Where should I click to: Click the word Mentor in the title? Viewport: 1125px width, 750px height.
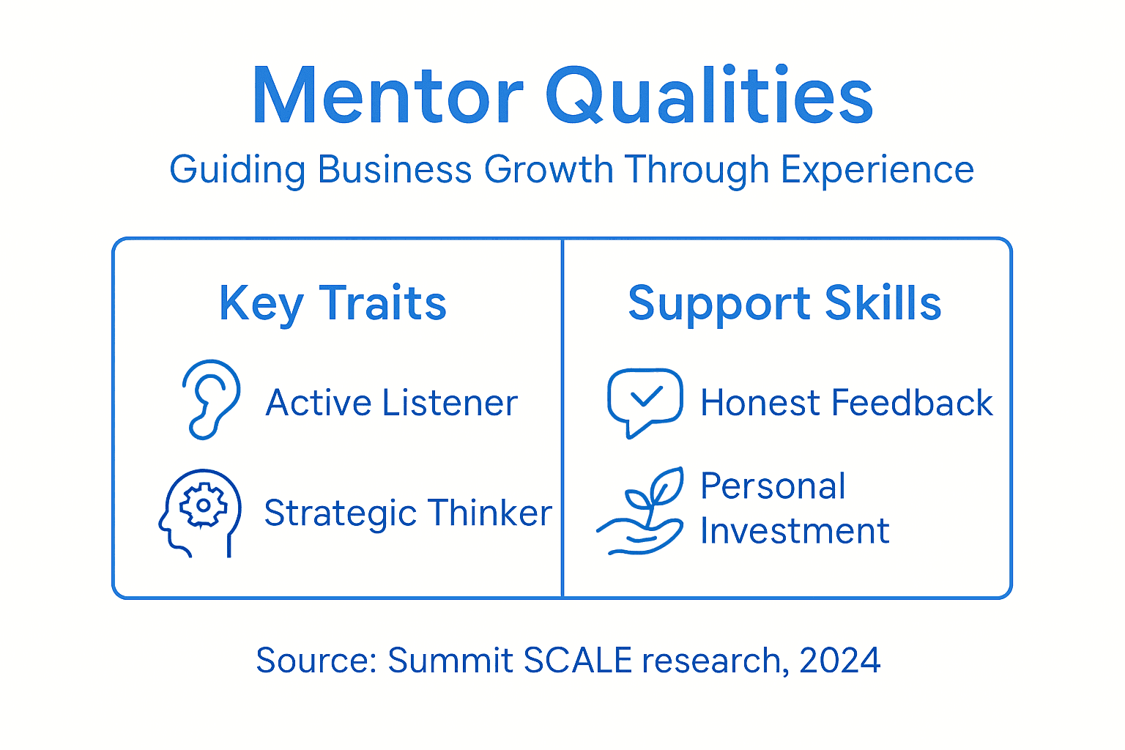pyautogui.click(x=387, y=97)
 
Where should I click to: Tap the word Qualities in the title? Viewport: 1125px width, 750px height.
pyautogui.click(x=709, y=97)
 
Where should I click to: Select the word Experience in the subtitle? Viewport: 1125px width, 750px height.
pyautogui.click(x=877, y=170)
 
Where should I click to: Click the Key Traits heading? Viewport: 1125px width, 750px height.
pyautogui.click(x=333, y=303)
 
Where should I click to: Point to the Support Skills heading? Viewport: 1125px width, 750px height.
pyautogui.click(x=784, y=303)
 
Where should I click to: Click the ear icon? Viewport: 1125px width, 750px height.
pyautogui.click(x=210, y=399)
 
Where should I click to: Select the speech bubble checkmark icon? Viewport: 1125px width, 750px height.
pyautogui.click(x=645, y=401)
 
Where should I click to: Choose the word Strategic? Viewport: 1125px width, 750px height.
pyautogui.click(x=341, y=514)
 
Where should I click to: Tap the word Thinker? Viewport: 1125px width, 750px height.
pyautogui.click(x=490, y=513)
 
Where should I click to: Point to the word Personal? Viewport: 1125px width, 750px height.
pyautogui.click(x=773, y=486)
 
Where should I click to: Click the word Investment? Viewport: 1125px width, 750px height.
pyautogui.click(x=795, y=531)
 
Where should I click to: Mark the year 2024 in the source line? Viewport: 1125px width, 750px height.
pyautogui.click(x=840, y=661)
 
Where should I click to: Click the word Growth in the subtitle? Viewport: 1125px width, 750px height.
pyautogui.click(x=548, y=170)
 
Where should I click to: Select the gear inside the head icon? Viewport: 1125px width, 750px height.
pyautogui.click(x=203, y=505)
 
